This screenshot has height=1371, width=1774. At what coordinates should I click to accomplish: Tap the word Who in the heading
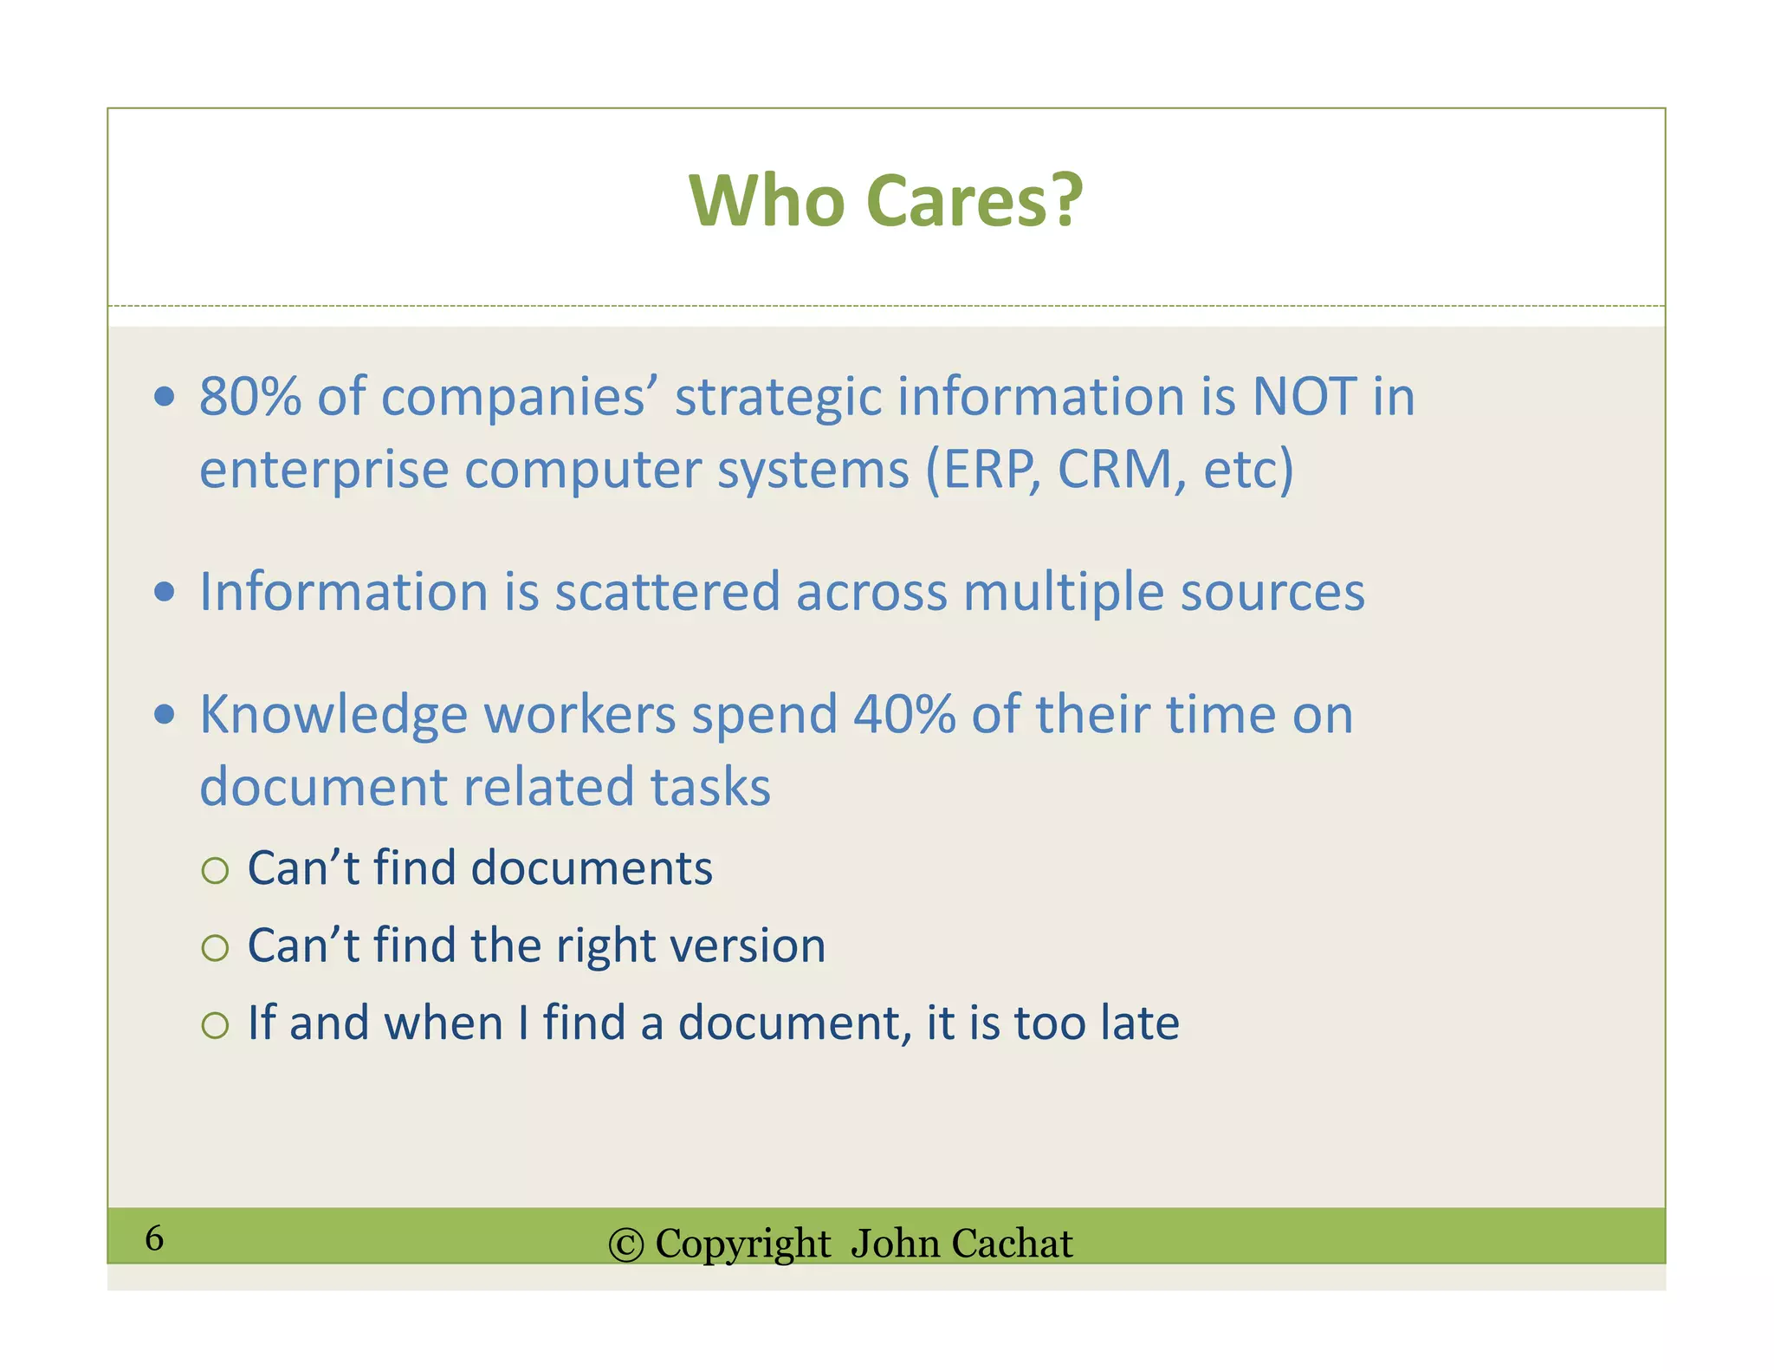(x=766, y=201)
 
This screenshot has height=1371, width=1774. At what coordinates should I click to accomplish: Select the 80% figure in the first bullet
(x=250, y=397)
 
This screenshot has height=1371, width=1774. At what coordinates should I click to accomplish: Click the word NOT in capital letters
(x=1305, y=397)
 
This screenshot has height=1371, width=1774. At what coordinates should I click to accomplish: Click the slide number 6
(x=154, y=1238)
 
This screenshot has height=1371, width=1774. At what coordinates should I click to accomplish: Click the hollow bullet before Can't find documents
(x=215, y=870)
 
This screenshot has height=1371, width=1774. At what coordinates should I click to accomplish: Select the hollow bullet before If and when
(x=215, y=1026)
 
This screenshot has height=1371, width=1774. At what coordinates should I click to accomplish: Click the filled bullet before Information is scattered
(x=164, y=592)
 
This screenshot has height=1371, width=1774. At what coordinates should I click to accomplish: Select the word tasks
(x=710, y=787)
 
